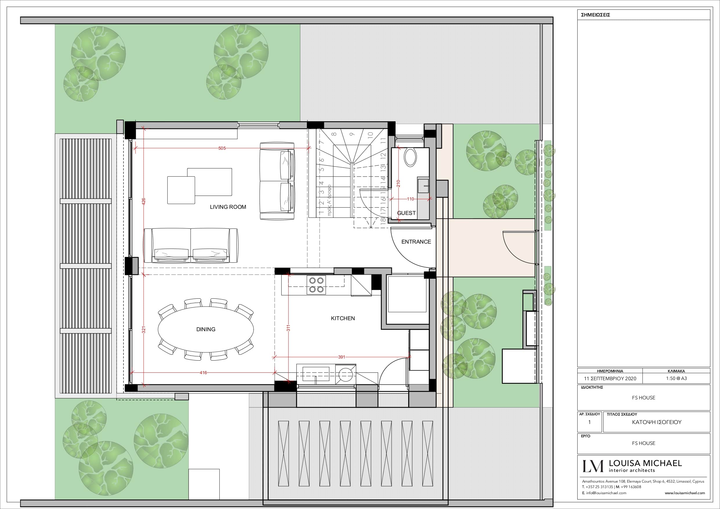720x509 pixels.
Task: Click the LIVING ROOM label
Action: (228, 207)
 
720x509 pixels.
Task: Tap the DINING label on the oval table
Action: (206, 329)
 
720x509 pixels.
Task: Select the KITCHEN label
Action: (343, 318)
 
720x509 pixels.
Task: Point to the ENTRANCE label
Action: (416, 242)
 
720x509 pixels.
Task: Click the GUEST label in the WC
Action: (406, 213)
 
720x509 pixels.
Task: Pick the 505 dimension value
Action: (222, 148)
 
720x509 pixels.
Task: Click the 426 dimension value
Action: (144, 201)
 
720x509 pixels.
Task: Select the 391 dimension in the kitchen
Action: (341, 357)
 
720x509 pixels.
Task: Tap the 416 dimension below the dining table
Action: (203, 373)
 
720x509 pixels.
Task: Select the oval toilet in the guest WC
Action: (410, 157)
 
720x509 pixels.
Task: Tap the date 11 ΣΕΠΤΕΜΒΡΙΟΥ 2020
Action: (610, 378)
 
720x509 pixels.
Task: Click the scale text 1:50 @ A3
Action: (676, 378)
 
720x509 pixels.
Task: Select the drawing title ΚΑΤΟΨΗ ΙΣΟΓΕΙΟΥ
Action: (657, 422)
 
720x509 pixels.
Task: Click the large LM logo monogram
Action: (593, 466)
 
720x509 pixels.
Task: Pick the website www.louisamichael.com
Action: (685, 493)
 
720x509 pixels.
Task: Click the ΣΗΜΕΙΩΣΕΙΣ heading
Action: (596, 15)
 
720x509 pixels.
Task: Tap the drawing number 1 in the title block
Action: (589, 422)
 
